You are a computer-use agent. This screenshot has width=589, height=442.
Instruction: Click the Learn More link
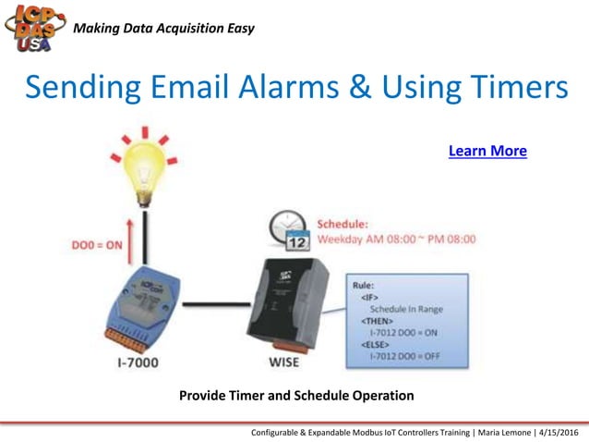[487, 151]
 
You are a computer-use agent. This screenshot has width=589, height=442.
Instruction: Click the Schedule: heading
[343, 224]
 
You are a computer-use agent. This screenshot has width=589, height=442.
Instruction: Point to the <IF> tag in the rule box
[369, 297]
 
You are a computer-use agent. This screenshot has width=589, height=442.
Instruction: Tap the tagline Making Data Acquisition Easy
[163, 28]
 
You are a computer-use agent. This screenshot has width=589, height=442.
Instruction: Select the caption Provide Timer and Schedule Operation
[296, 396]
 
